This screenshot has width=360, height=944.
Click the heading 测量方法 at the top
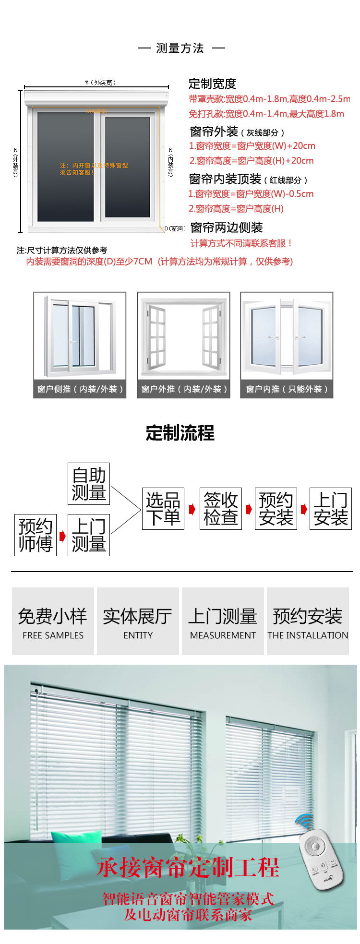click(180, 48)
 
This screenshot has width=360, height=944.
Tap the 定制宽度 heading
click(212, 84)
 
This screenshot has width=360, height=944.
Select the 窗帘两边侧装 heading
click(227, 227)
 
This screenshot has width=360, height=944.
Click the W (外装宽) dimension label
click(101, 83)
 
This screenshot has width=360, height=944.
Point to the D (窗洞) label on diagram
click(175, 228)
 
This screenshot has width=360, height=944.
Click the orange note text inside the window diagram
click(94, 168)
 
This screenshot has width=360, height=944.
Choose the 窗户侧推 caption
click(80, 389)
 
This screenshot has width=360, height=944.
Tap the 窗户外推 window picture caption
click(184, 389)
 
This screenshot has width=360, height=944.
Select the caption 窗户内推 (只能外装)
click(287, 389)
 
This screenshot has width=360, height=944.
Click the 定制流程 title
click(180, 433)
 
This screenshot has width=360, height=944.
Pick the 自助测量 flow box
click(89, 484)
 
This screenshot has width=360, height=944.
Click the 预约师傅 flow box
click(36, 535)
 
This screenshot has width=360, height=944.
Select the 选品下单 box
click(163, 509)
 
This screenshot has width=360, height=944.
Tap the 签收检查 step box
click(220, 509)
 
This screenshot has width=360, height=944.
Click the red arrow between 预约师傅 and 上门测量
click(62, 536)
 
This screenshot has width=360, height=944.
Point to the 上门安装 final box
click(331, 509)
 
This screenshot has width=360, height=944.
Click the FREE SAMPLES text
click(53, 635)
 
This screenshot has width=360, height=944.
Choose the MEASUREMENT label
click(223, 635)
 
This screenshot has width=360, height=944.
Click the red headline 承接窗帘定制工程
click(188, 868)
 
